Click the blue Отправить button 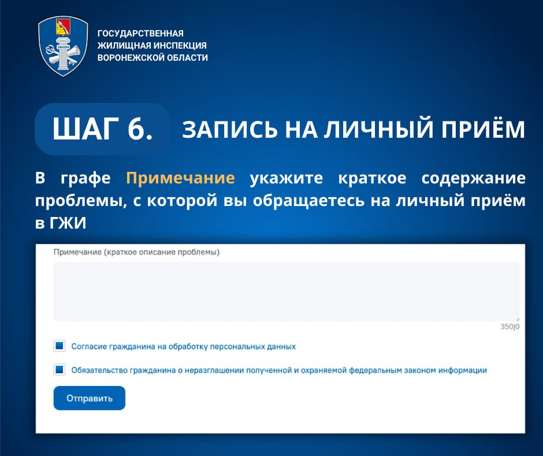coord(90,398)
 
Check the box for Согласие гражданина coord(59,345)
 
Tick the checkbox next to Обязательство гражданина coord(59,370)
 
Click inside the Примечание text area coord(287,292)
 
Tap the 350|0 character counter coord(509,326)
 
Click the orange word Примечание coord(180,178)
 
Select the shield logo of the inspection coord(63,46)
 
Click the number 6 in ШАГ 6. coord(136,128)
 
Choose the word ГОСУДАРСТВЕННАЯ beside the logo coord(140,34)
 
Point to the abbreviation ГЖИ coord(68,223)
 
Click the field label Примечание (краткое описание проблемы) coord(136,252)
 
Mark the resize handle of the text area coord(518,319)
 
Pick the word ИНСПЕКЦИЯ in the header coord(180,46)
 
